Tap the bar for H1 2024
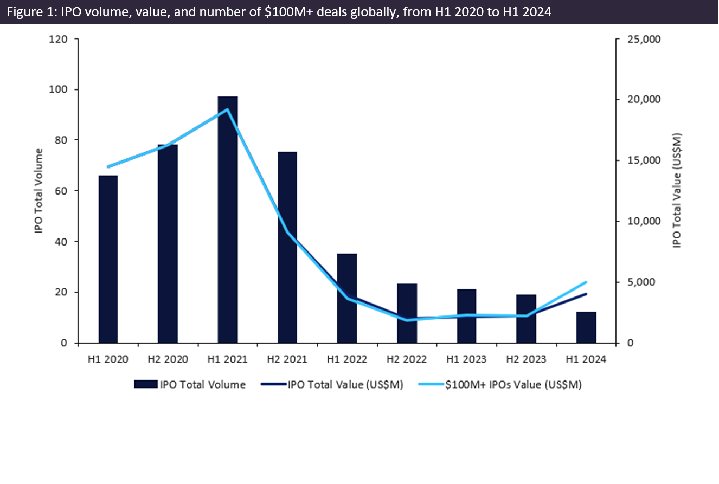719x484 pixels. (586, 327)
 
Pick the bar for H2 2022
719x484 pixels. (407, 313)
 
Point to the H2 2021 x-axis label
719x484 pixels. (287, 359)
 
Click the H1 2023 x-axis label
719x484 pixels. (466, 359)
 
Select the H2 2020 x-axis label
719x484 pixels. (168, 359)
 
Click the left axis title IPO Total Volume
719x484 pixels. (38, 191)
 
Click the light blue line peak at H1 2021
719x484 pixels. (227, 109)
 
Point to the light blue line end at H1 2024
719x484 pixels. (586, 282)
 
